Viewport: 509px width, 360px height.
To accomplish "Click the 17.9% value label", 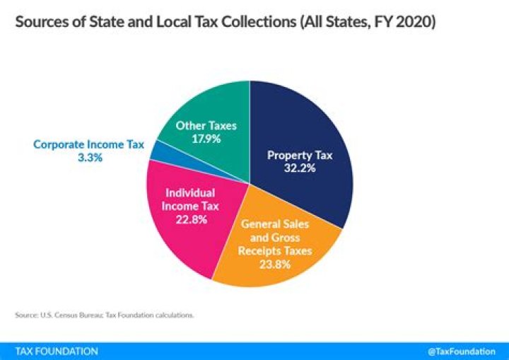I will [206, 139].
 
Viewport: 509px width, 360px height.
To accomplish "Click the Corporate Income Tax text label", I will [89, 145].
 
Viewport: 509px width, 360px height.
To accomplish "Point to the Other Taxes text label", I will [206, 126].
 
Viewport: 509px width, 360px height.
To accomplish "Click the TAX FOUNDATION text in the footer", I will [57, 351].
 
